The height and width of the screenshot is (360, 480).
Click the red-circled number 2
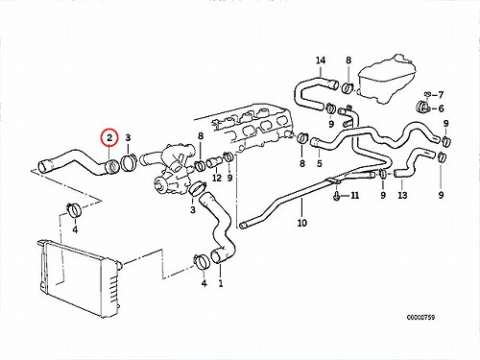[x=109, y=138]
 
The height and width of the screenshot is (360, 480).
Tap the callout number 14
[x=321, y=60]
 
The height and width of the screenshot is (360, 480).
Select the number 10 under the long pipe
[x=301, y=223]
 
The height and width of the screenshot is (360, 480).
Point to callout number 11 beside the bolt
[x=354, y=195]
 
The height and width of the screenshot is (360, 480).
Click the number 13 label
[x=402, y=195]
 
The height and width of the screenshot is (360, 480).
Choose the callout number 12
[x=217, y=178]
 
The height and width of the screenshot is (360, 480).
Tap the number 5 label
[x=320, y=163]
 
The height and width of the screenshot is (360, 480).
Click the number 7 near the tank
[x=441, y=95]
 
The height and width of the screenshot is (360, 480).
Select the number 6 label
[x=441, y=108]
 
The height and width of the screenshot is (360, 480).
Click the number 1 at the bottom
[x=221, y=283]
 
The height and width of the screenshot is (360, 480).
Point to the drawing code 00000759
[x=420, y=318]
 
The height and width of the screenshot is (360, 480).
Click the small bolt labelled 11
[x=336, y=195]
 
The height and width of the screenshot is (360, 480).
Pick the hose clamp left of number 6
[x=421, y=108]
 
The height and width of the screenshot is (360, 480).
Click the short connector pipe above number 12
[x=214, y=162]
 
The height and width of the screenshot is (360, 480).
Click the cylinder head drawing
[x=248, y=127]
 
